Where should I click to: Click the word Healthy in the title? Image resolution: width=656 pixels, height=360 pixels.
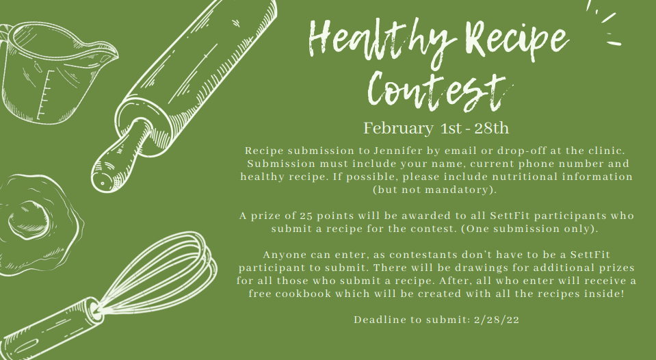[x=382, y=39]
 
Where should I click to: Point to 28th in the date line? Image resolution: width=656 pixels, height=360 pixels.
[x=492, y=128]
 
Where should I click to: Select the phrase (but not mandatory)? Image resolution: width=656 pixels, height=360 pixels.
[x=434, y=190]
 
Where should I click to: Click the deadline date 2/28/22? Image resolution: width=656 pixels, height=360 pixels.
[x=497, y=320]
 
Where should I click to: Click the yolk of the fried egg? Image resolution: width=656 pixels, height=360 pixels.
[x=28, y=218]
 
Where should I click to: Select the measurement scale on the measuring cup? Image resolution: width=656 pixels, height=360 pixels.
[x=44, y=94]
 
